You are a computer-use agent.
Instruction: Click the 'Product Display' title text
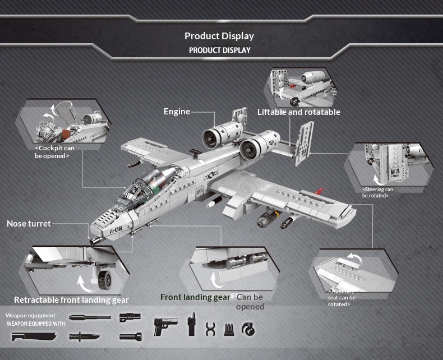pos(219,36)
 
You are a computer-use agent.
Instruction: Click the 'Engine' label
pos(177,112)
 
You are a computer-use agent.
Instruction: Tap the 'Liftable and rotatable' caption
pos(298,112)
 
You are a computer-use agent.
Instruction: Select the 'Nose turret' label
pos(29,224)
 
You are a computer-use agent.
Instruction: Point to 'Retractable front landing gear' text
pos(71,299)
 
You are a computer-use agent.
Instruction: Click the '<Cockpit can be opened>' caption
pos(54,152)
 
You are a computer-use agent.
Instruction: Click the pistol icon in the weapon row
pos(165,326)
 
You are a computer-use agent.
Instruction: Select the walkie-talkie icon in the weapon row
pos(191,326)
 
